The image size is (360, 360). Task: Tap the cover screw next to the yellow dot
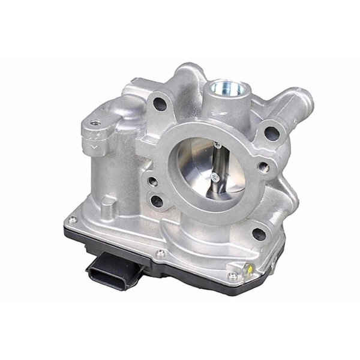click(x=232, y=275)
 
